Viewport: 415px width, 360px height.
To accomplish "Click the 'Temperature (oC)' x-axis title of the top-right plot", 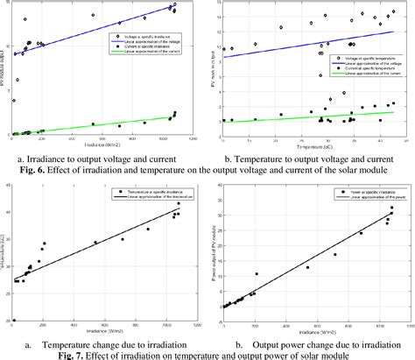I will point(309,144).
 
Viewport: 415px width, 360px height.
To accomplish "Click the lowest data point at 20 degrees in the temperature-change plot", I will point(13,321).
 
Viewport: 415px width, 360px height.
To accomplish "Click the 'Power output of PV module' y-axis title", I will point(214,254).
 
